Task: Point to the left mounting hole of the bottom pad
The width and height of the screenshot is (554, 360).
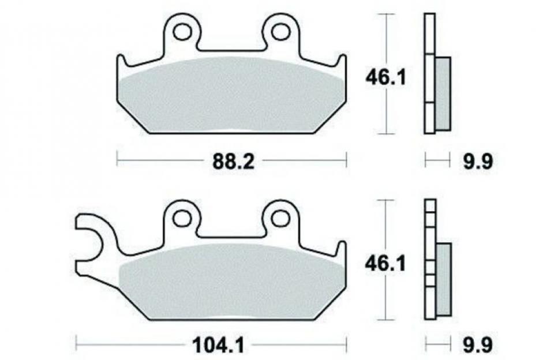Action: pos(183,217)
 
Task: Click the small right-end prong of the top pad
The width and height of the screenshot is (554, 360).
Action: pos(342,63)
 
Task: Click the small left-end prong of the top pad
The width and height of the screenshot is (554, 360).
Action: pos(121,63)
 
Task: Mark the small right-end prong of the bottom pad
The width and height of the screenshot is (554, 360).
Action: pos(342,250)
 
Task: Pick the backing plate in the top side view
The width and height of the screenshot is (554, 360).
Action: pos(429,75)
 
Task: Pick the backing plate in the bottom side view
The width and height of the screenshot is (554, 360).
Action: pos(429,260)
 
